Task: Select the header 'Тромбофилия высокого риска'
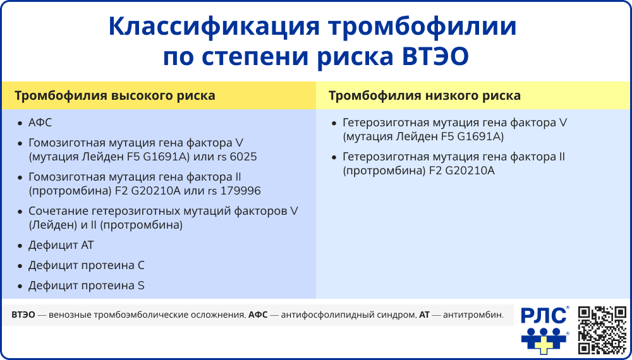tap(114, 96)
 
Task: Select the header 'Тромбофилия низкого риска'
tap(425, 96)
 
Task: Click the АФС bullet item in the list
tap(40, 123)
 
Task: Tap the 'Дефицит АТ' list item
tap(61, 245)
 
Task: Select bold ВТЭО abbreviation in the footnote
tap(23, 314)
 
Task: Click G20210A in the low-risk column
tap(471, 171)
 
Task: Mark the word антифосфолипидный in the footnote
tap(337, 314)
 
